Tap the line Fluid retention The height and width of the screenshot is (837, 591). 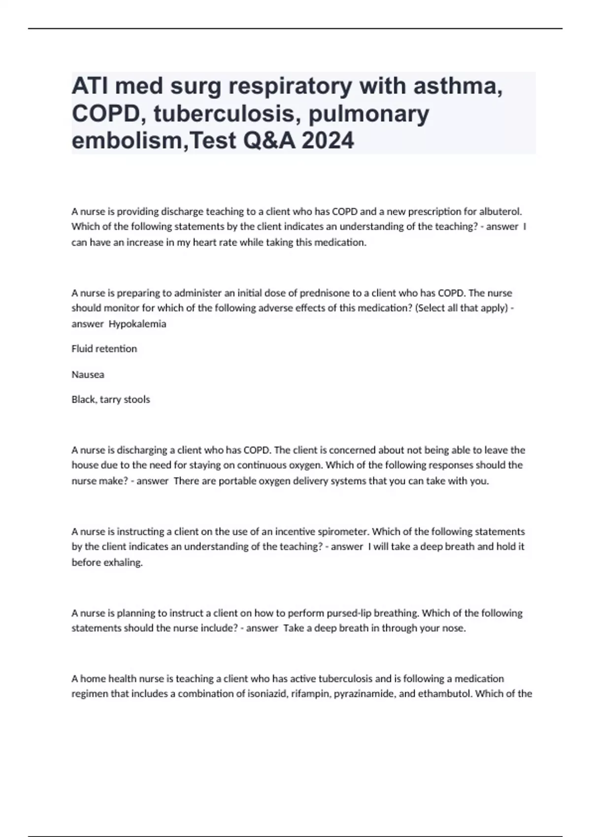tap(104, 349)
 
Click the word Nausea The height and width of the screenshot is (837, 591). tap(88, 374)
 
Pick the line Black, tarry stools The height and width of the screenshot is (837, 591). tap(110, 399)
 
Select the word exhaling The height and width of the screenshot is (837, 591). tap(123, 562)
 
